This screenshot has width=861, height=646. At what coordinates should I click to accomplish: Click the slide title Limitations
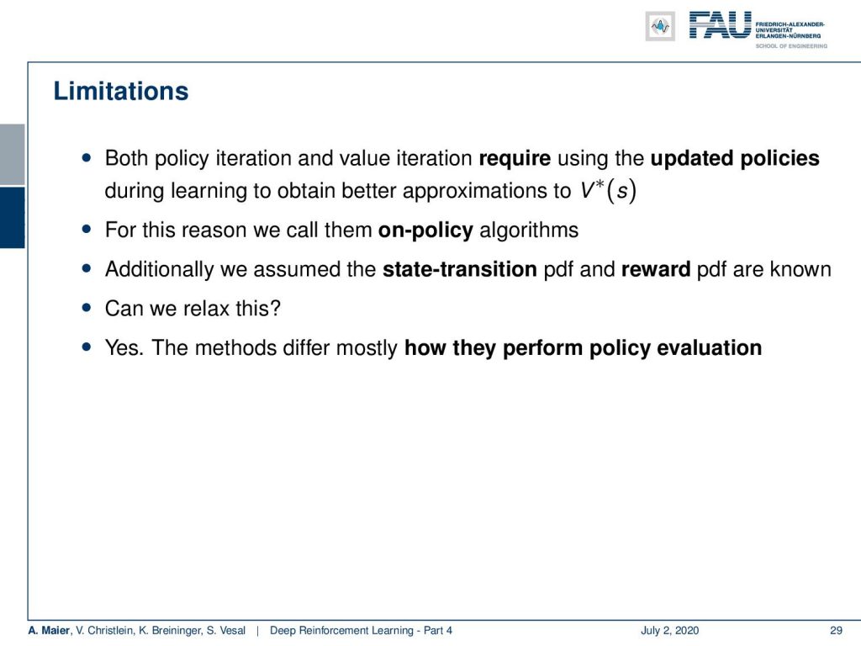click(x=121, y=91)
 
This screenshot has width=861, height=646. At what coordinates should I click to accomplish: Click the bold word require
click(x=515, y=159)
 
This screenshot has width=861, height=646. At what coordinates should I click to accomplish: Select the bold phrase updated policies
click(x=735, y=159)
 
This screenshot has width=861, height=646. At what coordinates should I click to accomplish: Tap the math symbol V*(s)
click(x=609, y=191)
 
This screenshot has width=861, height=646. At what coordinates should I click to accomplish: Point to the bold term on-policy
click(x=425, y=230)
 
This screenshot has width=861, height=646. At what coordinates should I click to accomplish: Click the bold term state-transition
click(x=460, y=269)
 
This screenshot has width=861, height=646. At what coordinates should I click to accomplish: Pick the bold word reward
click(x=656, y=269)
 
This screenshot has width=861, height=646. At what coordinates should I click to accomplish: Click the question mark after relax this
click(x=275, y=308)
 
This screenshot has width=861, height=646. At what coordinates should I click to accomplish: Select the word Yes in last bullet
click(x=122, y=347)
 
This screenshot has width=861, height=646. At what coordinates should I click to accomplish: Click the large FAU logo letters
click(x=720, y=25)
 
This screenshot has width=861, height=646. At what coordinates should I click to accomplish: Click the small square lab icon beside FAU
click(x=660, y=26)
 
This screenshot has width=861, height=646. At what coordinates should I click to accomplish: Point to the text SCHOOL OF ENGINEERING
click(x=791, y=46)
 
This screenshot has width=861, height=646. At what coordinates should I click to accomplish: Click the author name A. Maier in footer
click(x=49, y=631)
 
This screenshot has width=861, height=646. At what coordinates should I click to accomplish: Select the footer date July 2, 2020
click(x=669, y=631)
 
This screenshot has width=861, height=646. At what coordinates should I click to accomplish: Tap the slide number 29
click(x=836, y=631)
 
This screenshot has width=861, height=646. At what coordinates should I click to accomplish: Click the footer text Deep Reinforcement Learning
click(x=341, y=631)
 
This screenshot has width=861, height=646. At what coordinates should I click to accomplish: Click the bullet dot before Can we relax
click(x=87, y=308)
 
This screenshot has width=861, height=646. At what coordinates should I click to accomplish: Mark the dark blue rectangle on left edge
click(x=12, y=218)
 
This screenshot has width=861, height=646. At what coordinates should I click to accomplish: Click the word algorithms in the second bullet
click(x=529, y=230)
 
